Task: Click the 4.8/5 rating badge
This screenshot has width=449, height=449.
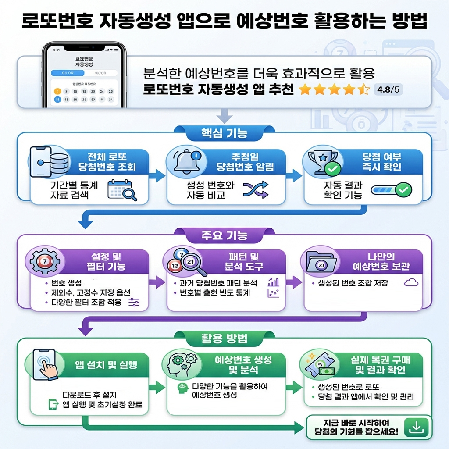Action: pos(388,90)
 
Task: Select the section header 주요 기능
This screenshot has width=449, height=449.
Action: pos(224,236)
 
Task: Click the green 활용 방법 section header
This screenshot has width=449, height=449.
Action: pos(224,339)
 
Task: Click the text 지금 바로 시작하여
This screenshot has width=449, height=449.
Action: pos(356,423)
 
